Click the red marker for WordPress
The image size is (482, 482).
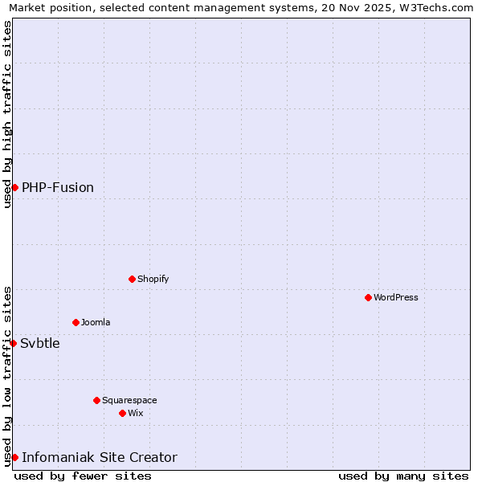(x=368, y=297)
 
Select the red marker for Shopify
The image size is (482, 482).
(x=132, y=279)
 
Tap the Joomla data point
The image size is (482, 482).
(x=76, y=322)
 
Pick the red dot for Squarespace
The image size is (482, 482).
(x=96, y=400)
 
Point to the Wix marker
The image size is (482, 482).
(x=122, y=413)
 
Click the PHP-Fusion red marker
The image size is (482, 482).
(x=14, y=187)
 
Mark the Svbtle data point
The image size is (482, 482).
(x=13, y=343)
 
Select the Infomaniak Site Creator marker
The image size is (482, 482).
(x=14, y=457)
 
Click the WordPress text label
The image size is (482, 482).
(x=396, y=297)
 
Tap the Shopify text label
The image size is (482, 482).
(x=153, y=279)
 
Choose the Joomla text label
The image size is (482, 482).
(x=96, y=322)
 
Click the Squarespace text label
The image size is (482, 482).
(x=129, y=400)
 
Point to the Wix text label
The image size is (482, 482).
(x=136, y=413)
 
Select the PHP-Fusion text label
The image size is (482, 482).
(x=58, y=187)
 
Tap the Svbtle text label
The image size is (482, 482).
(x=40, y=343)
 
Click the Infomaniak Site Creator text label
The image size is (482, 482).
(x=100, y=457)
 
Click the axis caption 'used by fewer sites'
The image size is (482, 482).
(x=83, y=476)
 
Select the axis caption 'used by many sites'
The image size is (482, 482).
(x=403, y=476)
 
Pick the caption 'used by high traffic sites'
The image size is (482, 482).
(x=7, y=114)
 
